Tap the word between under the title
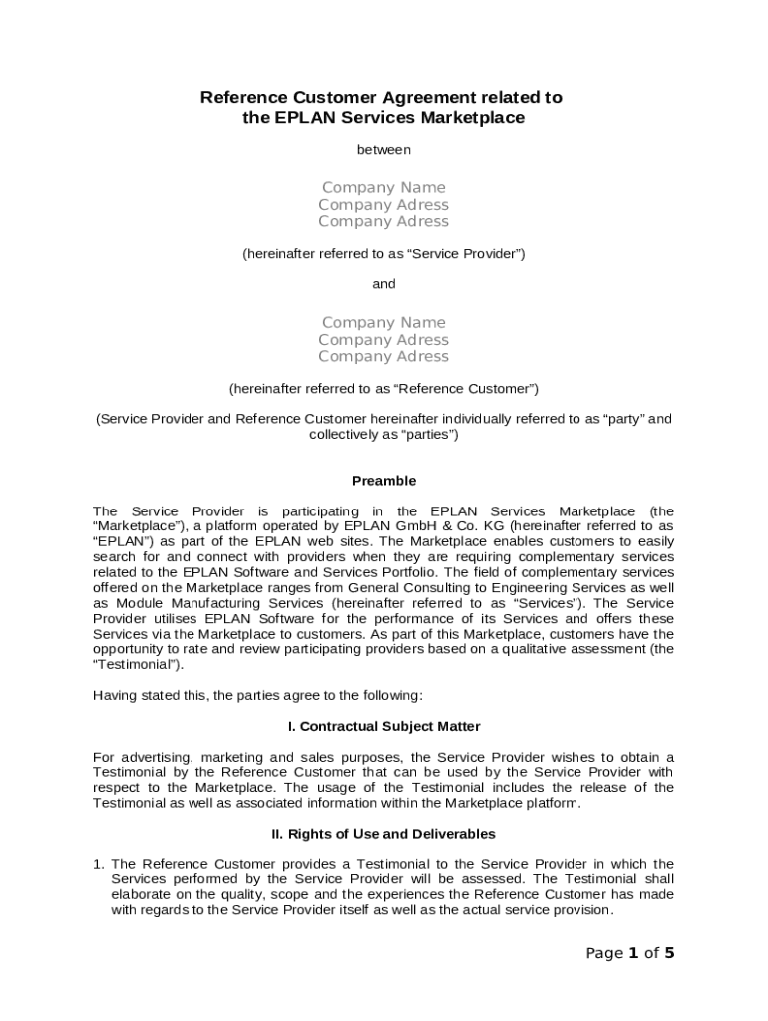coord(384,150)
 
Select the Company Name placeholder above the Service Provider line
coord(384,187)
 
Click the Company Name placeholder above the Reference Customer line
coord(384,322)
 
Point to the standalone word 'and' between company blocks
coord(384,284)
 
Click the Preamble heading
coord(384,481)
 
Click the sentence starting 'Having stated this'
coord(257,694)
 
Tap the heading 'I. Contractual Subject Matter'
coord(384,726)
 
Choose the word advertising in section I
coord(157,757)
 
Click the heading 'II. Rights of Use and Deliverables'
coord(384,833)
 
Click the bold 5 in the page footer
coord(669,953)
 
